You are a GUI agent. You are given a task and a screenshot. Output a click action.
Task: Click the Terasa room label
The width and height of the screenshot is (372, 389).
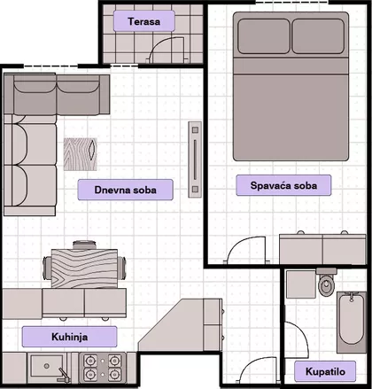tap(144, 21)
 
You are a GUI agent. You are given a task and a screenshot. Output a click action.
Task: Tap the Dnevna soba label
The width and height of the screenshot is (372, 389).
tap(125, 190)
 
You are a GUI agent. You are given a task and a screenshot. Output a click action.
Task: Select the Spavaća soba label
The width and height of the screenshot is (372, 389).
tap(283, 185)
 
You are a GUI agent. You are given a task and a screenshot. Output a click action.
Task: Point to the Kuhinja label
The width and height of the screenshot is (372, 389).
tap(69, 337)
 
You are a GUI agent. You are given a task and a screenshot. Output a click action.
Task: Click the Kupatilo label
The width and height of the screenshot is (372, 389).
tap(325, 371)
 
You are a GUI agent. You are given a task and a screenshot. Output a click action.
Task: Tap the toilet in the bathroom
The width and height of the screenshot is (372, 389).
tap(326, 282)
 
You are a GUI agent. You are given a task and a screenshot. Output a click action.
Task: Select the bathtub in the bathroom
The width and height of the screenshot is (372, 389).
tap(352, 322)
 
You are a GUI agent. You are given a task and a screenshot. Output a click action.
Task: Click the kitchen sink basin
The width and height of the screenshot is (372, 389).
tap(47, 366)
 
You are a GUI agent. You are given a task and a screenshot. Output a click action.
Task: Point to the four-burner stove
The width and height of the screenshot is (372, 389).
tap(102, 368)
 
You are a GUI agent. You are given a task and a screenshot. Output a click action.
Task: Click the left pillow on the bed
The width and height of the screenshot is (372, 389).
tap(264, 36)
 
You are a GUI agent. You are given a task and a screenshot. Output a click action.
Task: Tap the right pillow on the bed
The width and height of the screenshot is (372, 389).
tap(318, 36)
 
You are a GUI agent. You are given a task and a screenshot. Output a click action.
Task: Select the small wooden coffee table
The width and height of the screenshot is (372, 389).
tap(81, 154)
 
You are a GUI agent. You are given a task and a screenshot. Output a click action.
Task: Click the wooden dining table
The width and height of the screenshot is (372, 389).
tap(84, 268)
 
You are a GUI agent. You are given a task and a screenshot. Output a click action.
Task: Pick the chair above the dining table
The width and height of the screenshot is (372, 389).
tap(84, 245)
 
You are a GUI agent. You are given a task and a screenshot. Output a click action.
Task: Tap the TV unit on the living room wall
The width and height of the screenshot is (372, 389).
tap(195, 159)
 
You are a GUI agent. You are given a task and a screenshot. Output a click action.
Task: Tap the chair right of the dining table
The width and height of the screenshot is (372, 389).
tap(121, 268)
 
